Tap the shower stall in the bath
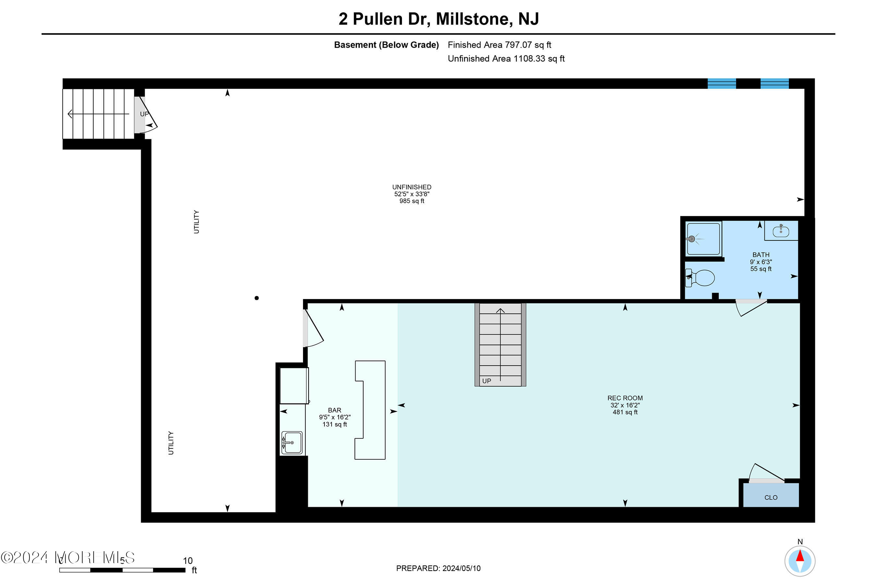tap(703, 239)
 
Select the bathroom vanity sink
tap(781, 231)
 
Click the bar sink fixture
tap(292, 443)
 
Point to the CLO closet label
tap(771, 498)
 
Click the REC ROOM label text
tap(625, 398)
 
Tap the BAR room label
tap(335, 410)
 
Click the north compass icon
tap(800, 561)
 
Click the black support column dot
tap(257, 298)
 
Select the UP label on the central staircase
tap(486, 381)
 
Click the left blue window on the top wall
tap(722, 83)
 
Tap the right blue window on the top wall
tap(774, 83)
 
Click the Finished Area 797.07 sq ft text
tap(499, 45)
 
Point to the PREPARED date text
tap(438, 568)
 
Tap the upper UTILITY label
tap(196, 222)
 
